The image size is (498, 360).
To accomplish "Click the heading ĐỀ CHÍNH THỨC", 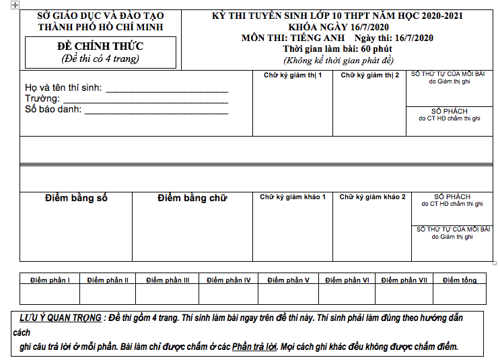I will [100, 46].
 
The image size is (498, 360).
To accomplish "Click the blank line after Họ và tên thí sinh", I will [167, 89].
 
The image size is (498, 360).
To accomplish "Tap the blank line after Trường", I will [145, 100].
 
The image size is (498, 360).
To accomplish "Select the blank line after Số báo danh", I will [156, 111].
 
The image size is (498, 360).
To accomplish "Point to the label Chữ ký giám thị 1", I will [293, 75].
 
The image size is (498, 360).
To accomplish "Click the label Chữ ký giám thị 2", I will [369, 75].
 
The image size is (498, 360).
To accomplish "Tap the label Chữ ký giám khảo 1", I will [293, 197].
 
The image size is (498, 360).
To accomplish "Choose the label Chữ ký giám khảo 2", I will [372, 197].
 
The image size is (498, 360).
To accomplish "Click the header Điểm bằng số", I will [76, 198].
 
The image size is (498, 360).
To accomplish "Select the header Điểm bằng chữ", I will [192, 198].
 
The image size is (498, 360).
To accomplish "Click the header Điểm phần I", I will [50, 280].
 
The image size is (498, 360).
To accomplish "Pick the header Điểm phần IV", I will [229, 280].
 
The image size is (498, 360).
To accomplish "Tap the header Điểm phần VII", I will [404, 280].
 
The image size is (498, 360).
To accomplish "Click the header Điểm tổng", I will [460, 280].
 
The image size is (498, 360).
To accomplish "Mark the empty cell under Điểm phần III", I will [168, 295].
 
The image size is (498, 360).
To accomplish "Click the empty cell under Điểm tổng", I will [460, 295].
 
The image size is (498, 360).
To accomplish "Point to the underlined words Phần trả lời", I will [254, 347].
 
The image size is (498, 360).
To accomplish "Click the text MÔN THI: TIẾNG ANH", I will [293, 38].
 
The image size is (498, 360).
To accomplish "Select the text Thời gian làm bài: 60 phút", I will [337, 49].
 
